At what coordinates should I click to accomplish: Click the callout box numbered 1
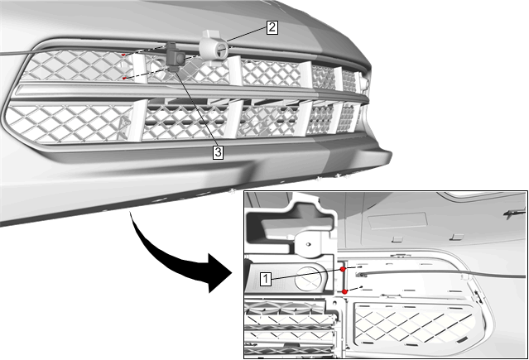click(266, 280)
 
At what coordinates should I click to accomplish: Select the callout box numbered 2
click(272, 27)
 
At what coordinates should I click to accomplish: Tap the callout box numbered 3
click(218, 152)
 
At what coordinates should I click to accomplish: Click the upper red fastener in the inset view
click(343, 269)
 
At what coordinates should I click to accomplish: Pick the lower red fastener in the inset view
click(344, 291)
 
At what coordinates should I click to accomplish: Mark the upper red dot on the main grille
click(123, 55)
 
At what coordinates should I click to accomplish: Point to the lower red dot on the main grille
click(124, 79)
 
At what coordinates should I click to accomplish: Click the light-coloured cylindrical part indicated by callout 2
click(214, 48)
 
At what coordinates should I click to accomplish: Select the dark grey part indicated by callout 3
click(175, 56)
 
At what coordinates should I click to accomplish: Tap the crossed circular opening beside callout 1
click(309, 279)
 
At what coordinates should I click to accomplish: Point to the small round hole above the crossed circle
click(308, 243)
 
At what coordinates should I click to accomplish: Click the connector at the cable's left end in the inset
click(361, 275)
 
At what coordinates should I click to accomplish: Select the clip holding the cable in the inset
click(466, 276)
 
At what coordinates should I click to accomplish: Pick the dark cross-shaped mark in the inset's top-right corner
click(514, 213)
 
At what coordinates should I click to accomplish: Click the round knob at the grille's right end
click(363, 83)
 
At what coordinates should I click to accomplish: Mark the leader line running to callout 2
click(247, 35)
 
